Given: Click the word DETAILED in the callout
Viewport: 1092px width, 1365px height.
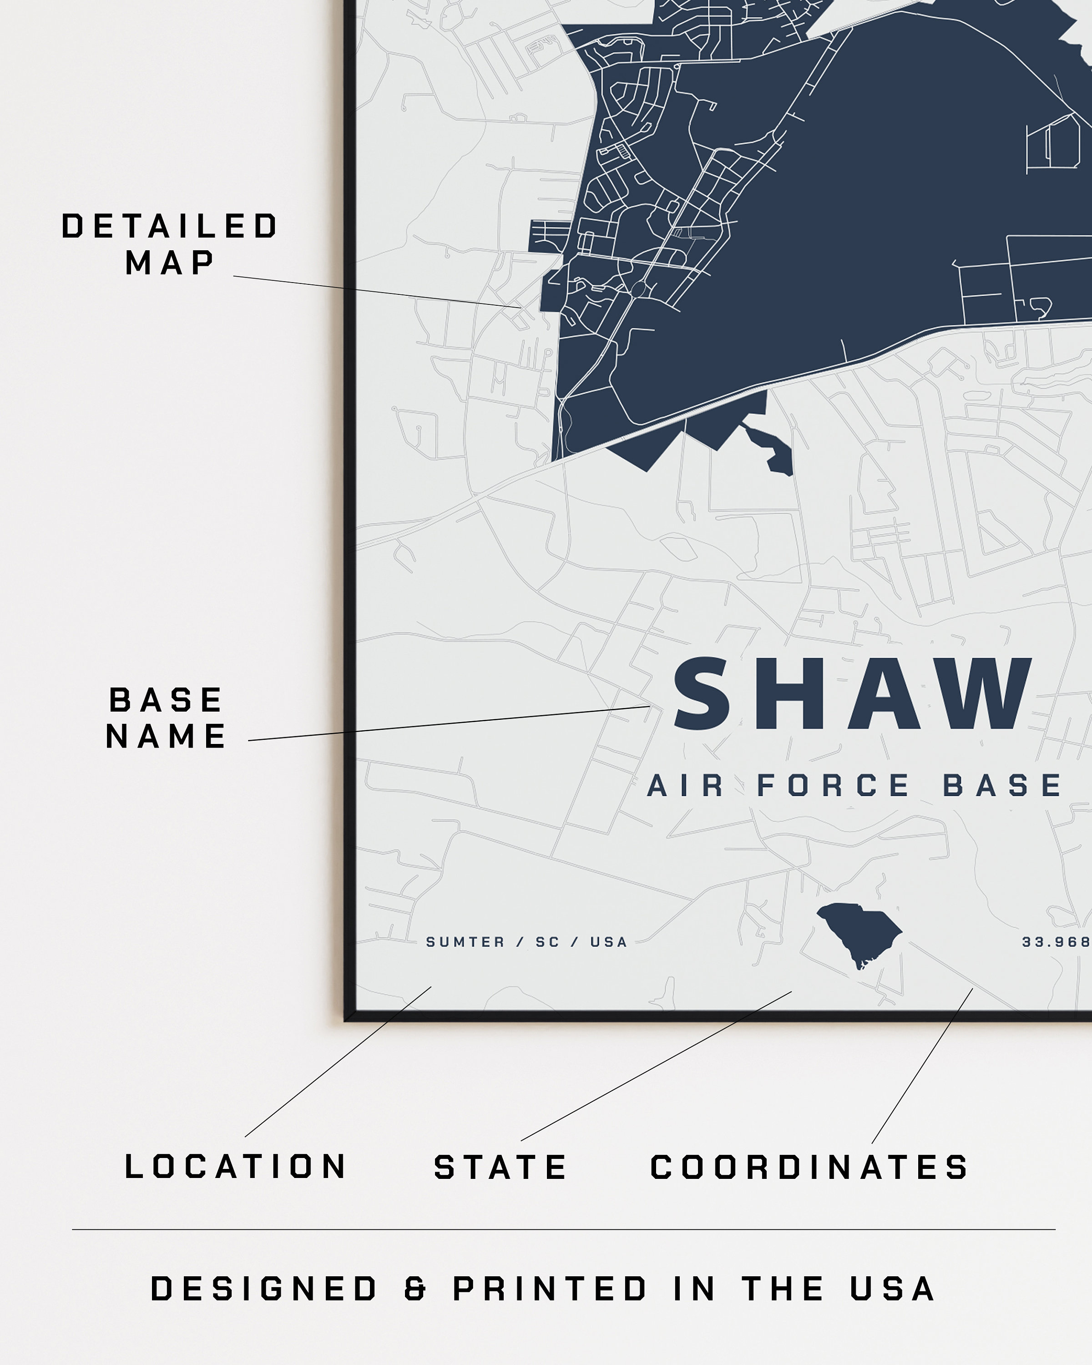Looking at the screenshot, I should [170, 227].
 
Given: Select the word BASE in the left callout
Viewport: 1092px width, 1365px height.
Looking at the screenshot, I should [166, 700].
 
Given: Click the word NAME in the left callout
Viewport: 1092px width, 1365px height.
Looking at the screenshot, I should [166, 736].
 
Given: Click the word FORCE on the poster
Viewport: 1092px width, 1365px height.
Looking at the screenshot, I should [834, 786].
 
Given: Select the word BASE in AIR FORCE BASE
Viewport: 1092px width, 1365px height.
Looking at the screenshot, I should [1003, 786].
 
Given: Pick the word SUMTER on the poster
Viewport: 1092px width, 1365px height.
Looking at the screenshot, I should [465, 942].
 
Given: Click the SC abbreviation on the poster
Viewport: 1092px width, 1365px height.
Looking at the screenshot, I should [547, 942].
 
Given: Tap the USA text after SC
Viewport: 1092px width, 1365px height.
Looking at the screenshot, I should [608, 942].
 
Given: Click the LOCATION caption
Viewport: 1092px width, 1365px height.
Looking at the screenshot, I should [236, 1167].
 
